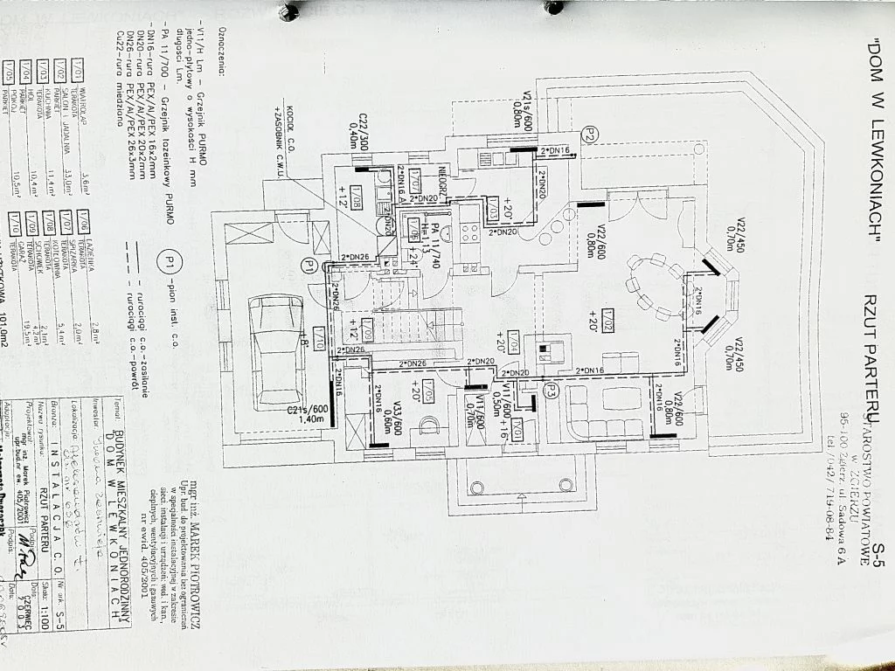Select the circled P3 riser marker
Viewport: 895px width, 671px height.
(x=551, y=391)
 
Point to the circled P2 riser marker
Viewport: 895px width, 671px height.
(x=591, y=135)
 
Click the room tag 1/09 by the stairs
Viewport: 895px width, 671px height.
(x=367, y=332)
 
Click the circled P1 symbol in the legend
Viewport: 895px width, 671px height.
(x=170, y=259)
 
